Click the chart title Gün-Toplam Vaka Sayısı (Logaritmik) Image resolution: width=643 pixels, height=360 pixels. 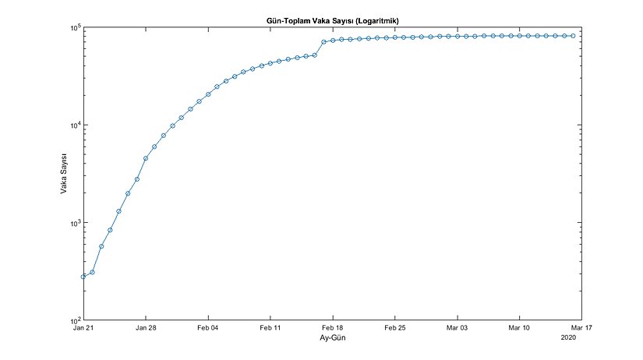328,19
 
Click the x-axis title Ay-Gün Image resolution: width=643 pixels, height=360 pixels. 328,339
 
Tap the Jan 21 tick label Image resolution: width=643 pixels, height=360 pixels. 83,329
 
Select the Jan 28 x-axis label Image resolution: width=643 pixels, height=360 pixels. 146,329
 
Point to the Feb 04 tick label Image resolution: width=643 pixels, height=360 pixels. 208,329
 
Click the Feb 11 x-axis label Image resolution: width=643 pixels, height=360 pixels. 270,329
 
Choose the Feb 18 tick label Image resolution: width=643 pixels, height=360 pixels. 332,329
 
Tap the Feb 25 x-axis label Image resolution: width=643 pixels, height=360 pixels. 394,329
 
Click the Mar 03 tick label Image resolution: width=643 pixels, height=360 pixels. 457,329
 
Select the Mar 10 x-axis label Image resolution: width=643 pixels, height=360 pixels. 519,329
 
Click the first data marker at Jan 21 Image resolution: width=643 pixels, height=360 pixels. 83,277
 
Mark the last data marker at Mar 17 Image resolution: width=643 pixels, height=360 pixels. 574,36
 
